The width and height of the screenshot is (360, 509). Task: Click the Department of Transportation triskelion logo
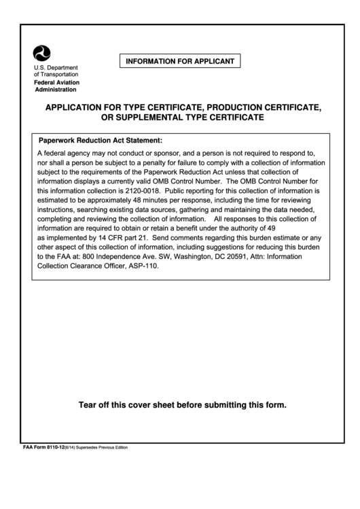[42, 53]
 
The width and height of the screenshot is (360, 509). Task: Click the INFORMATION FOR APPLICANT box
[180, 62]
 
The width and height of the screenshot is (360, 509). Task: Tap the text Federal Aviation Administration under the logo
[56, 86]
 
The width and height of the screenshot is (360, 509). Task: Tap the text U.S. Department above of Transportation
[56, 67]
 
